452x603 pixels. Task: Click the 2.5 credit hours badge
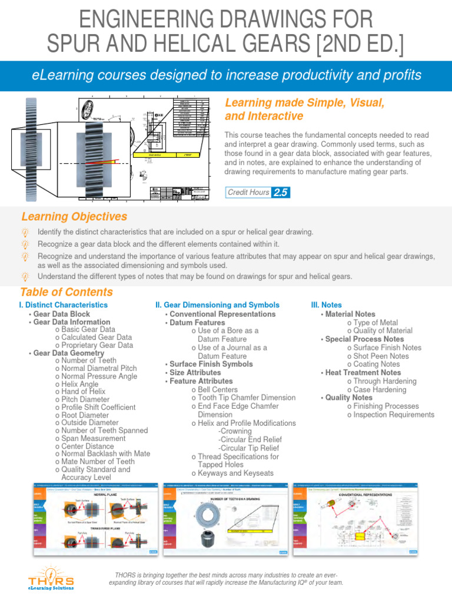pyautogui.click(x=280, y=192)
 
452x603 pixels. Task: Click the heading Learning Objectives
pyautogui.click(x=74, y=217)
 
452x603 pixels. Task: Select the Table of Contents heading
pyautogui.click(x=67, y=292)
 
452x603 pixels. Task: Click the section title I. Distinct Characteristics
pyautogui.click(x=64, y=305)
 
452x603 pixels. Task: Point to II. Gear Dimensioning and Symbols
pyautogui.click(x=217, y=305)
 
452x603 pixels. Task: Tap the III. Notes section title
pyautogui.click(x=326, y=305)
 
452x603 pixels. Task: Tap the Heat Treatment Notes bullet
pyautogui.click(x=363, y=373)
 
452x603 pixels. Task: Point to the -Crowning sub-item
pyautogui.click(x=235, y=431)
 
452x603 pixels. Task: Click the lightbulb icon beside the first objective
pyautogui.click(x=25, y=231)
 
